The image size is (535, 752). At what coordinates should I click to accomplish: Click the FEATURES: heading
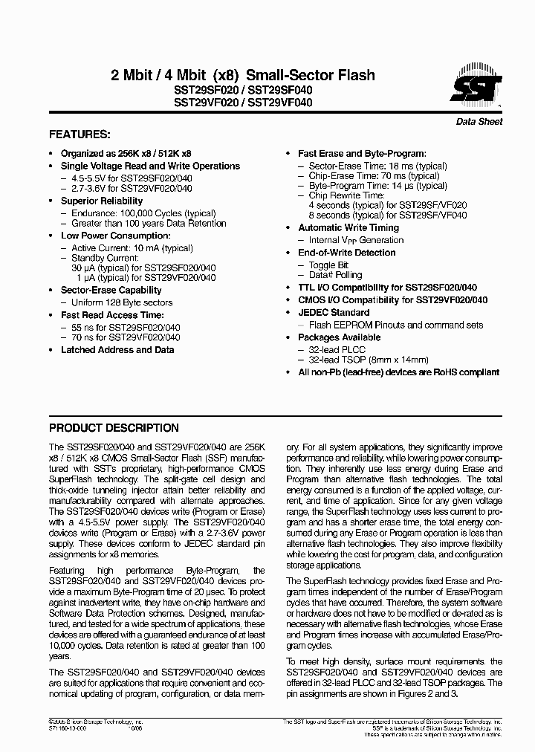(80, 135)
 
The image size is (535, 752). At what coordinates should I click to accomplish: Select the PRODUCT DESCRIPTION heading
(113, 428)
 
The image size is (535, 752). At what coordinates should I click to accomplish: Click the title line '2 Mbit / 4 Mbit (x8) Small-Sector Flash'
(242, 75)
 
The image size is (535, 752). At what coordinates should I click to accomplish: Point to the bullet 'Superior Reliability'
(102, 201)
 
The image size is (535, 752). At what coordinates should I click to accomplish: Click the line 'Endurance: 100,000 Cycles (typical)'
(132, 213)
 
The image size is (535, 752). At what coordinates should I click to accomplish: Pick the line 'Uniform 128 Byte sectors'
(122, 302)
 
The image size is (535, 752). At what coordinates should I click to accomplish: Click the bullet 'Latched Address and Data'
(117, 349)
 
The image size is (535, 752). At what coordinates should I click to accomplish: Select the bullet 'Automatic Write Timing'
(348, 228)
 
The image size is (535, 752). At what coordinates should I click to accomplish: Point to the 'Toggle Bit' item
(328, 265)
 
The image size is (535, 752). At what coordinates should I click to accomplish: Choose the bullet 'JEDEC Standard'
(334, 313)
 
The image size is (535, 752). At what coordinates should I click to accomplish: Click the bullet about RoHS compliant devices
(398, 372)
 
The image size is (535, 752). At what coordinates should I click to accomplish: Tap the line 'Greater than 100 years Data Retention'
(149, 223)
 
